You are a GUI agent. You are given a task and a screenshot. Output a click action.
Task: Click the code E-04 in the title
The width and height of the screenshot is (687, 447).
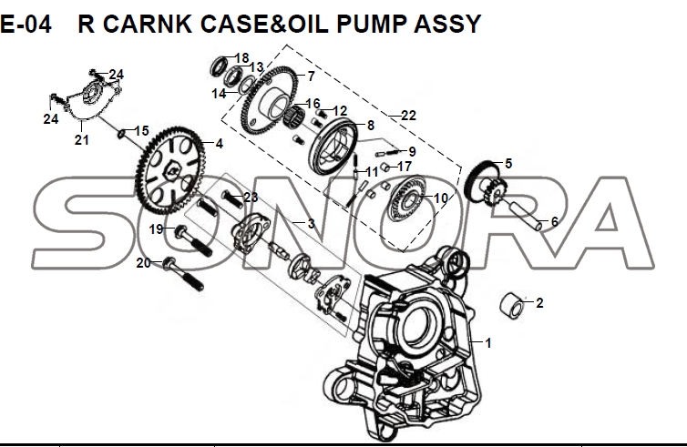[26, 24]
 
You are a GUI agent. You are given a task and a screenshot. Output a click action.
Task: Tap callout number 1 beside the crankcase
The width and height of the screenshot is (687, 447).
[488, 343]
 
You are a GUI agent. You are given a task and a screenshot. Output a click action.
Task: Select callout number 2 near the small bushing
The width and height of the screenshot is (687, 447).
[539, 302]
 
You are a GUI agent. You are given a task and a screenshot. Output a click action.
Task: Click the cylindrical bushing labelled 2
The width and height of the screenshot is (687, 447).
[511, 305]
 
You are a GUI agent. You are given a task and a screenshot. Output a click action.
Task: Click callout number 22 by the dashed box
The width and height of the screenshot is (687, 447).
[408, 115]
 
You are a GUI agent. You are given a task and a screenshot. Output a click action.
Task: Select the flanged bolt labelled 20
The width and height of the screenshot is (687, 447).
[183, 274]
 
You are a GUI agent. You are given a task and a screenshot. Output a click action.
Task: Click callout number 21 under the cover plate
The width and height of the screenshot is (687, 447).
[81, 140]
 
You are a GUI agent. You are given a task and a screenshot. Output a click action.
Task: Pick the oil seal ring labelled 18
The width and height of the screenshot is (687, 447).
[218, 66]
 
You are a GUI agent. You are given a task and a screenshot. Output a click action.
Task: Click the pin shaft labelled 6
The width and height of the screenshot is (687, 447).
[524, 214]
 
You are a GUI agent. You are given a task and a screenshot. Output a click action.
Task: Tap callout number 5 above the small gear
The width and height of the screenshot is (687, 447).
[508, 163]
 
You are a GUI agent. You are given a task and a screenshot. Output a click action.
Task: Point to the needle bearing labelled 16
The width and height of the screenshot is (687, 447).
[294, 115]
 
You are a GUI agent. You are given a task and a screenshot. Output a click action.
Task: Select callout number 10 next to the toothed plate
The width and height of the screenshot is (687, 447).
[441, 198]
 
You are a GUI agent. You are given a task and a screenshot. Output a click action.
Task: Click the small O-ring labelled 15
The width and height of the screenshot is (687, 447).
[121, 134]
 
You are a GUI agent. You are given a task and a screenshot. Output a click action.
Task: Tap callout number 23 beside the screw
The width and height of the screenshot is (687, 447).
[251, 197]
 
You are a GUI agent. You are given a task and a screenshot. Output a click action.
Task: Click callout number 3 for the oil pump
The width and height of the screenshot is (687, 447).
[311, 223]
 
